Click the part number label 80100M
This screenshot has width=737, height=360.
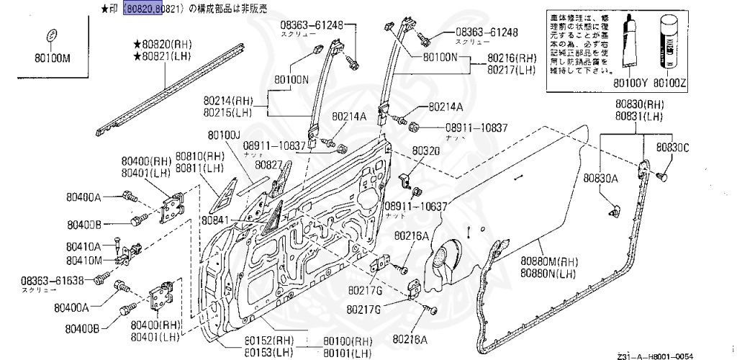[51, 59]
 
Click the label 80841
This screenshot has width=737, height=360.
[215, 220]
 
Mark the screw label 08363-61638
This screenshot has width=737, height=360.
[53, 280]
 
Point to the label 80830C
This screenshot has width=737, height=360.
[672, 148]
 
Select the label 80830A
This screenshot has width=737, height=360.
[601, 178]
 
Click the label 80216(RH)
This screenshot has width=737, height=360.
[512, 58]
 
